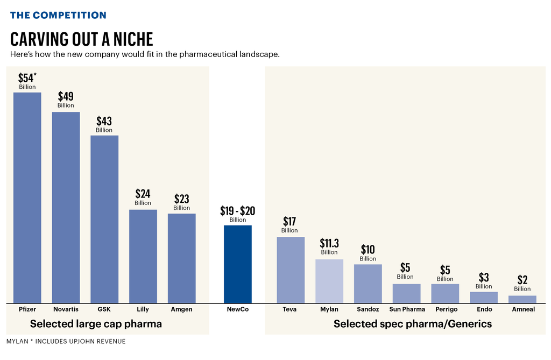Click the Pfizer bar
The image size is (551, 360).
[27, 197]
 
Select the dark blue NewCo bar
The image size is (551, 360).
[238, 264]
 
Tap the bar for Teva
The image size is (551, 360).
[291, 270]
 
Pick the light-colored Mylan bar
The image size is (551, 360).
[329, 281]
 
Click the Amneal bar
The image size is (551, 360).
[522, 299]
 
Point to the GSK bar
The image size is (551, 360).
[104, 218]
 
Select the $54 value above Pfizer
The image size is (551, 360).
[27, 77]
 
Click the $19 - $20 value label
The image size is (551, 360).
[238, 210]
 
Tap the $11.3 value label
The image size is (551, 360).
[329, 243]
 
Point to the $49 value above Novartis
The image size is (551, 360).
[66, 97]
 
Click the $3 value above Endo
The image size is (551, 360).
[484, 278]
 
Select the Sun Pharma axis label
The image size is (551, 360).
[407, 309]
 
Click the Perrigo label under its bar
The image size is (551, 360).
[446, 309]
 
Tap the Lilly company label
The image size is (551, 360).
[143, 309]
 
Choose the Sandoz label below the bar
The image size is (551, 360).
[368, 309]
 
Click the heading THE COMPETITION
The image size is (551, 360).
[58, 15]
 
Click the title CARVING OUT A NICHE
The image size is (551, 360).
[82, 39]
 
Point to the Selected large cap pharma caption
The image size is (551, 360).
[96, 324]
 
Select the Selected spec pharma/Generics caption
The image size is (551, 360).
[413, 324]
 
